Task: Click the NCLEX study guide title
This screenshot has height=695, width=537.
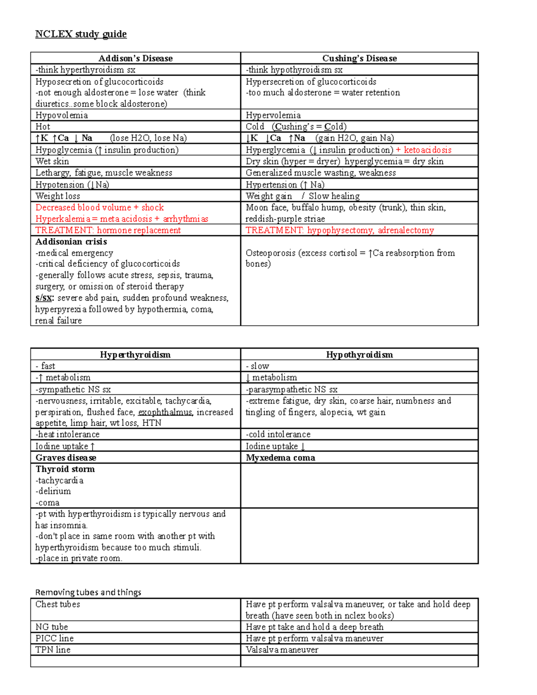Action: [x=81, y=34]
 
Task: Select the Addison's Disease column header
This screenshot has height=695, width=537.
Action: [x=136, y=58]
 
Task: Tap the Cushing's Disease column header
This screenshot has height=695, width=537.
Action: [x=359, y=58]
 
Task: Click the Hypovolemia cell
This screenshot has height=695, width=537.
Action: [x=62, y=115]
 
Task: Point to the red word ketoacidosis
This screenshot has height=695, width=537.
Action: [x=427, y=150]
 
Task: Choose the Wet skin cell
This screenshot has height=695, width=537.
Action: [x=52, y=162]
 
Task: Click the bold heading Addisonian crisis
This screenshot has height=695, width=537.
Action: [x=71, y=242]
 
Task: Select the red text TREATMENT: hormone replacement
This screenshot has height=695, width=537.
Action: [x=108, y=230]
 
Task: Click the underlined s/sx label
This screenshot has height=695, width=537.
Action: [x=44, y=298]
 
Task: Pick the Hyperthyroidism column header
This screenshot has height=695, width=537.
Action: [x=135, y=354]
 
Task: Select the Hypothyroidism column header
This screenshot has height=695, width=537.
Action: [x=359, y=354]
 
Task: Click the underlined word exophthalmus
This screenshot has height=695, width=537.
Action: [x=166, y=412]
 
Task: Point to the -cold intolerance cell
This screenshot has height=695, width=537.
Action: [x=278, y=435]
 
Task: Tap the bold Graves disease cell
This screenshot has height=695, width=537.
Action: [x=66, y=458]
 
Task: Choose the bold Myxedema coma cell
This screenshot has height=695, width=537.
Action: [x=281, y=458]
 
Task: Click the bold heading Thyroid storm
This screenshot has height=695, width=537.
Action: [x=65, y=469]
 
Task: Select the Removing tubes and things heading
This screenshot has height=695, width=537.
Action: [x=88, y=593]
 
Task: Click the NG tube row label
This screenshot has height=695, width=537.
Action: [x=52, y=627]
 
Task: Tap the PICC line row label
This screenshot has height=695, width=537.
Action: [x=55, y=639]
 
